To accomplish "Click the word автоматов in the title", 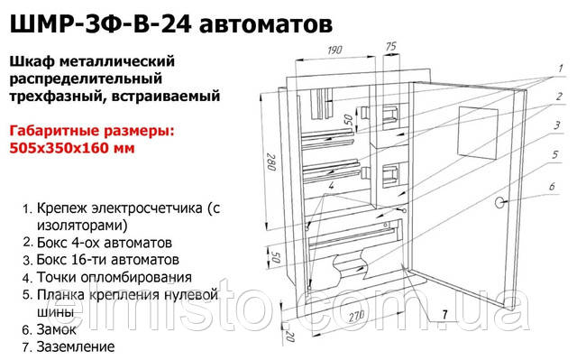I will point(265,21).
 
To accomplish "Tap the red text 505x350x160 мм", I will point(73,148).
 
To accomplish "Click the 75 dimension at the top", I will point(390,43).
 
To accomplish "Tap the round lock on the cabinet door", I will point(501,201).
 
